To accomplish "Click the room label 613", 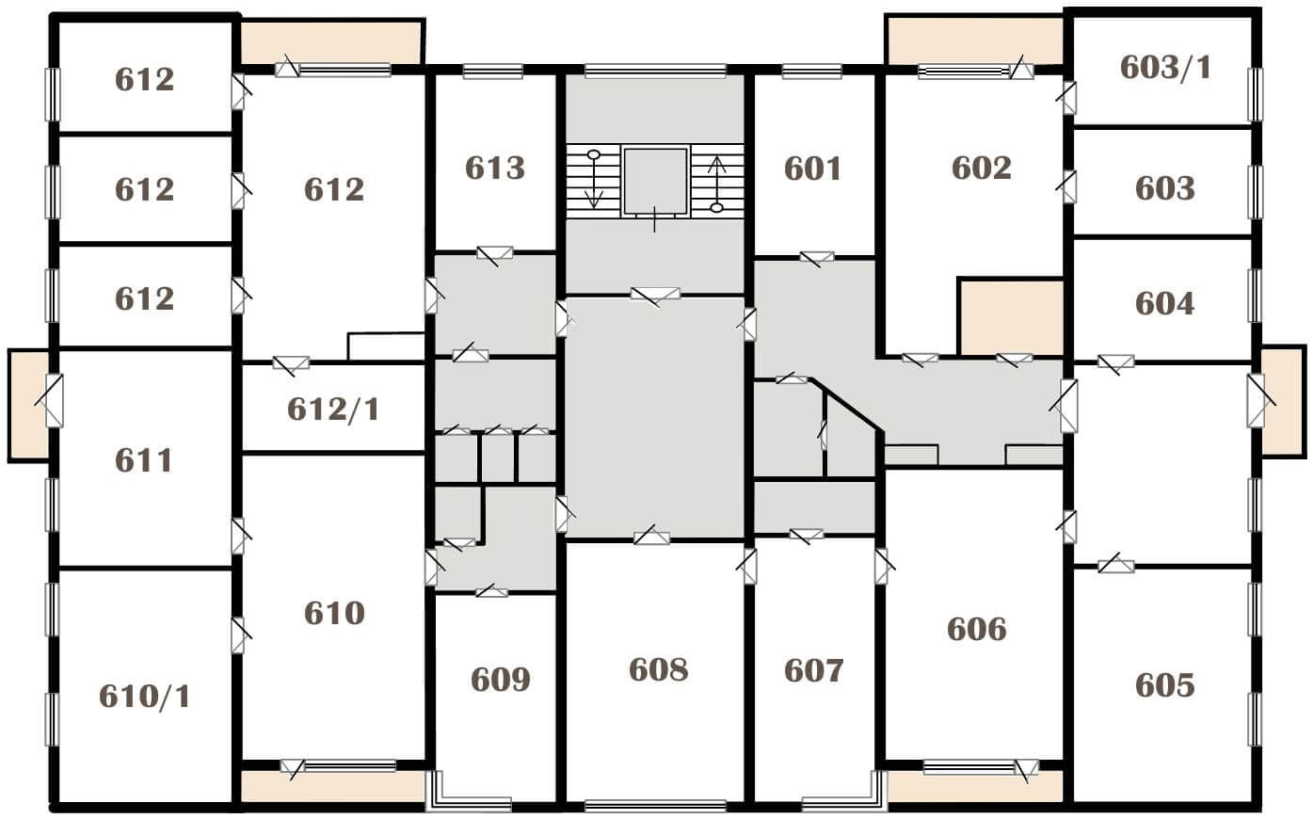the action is pos(495,169).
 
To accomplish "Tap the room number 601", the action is pos(812,169).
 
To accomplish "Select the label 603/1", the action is pos(1165,68).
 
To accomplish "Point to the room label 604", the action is pos(1164,304).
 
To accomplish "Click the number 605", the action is pos(1164,685).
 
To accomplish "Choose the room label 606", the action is pos(977,629).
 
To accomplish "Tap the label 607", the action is pos(813,670).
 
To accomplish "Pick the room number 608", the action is pos(658,669).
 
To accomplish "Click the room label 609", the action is pos(500,680).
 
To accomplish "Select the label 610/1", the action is pos(145,697).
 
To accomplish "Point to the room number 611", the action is pos(144,460).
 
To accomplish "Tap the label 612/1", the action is pos(333,409).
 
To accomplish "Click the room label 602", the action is pos(982,169).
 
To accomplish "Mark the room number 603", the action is pos(1164,189).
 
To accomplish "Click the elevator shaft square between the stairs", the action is pos(655,181).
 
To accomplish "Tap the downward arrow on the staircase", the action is pos(594,180).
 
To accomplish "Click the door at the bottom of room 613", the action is pos(495,254).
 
